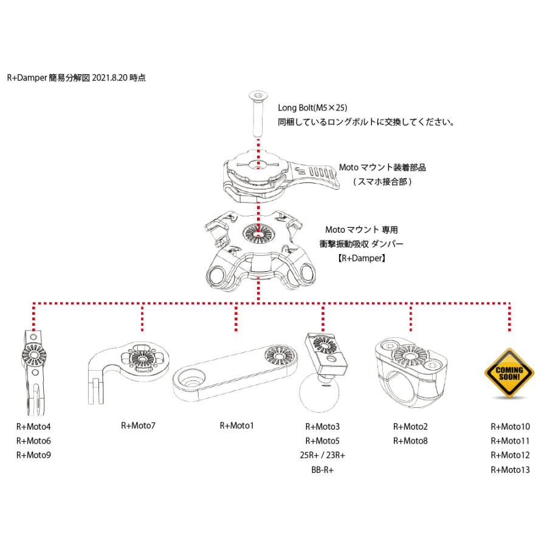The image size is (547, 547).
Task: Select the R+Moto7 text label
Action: (138, 425)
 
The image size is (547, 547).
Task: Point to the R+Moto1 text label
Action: (236, 425)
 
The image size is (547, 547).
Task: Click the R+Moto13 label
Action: (510, 469)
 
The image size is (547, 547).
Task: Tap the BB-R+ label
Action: (323, 469)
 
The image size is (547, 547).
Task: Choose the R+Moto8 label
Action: (410, 441)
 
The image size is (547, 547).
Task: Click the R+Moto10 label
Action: (510, 426)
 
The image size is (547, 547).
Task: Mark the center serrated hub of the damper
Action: (259, 233)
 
